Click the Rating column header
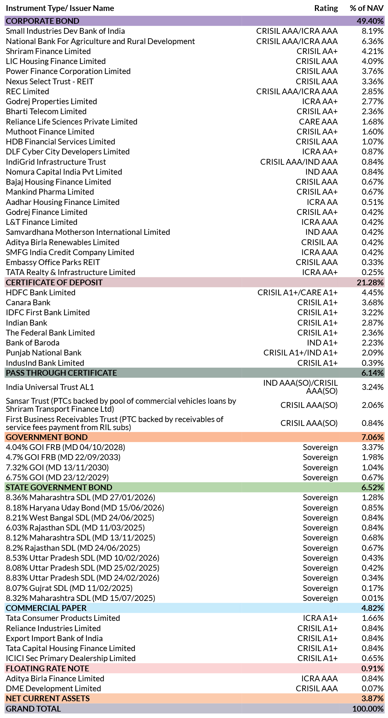(x=326, y=8)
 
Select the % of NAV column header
(x=367, y=8)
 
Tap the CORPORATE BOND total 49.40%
(x=370, y=21)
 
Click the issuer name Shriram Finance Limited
(x=48, y=51)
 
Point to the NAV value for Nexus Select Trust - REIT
(x=373, y=81)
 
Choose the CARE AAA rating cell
(x=318, y=122)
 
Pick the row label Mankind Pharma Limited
(x=50, y=192)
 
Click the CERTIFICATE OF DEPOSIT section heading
(x=54, y=282)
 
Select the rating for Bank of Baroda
(x=322, y=343)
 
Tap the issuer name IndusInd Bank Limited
(x=45, y=363)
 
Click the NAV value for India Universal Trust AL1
(x=373, y=387)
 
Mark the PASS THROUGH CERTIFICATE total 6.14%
(x=373, y=373)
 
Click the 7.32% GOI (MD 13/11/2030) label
(x=57, y=467)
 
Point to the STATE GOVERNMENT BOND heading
(x=59, y=487)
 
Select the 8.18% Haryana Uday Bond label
(x=85, y=508)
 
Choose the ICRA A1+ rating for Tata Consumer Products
(x=320, y=618)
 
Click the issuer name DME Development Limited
(x=53, y=688)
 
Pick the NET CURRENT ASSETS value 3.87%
(x=373, y=698)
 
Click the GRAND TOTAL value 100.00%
(x=368, y=709)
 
